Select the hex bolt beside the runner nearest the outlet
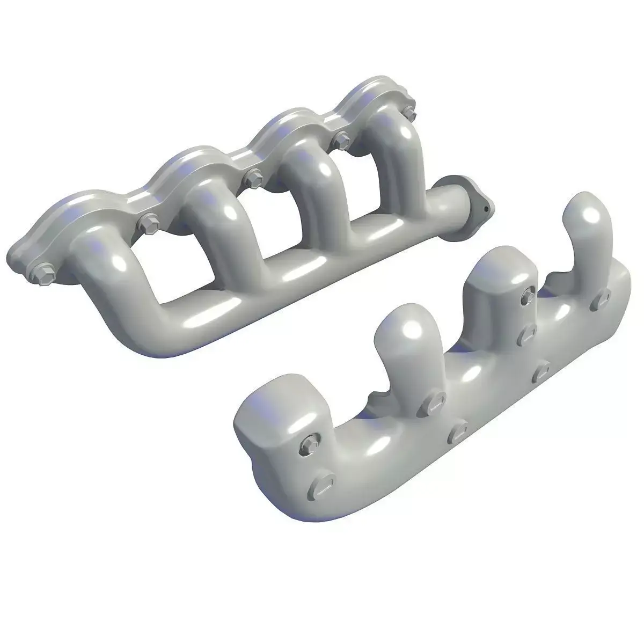pos(409,112)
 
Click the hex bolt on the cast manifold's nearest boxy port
pos(310,443)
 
